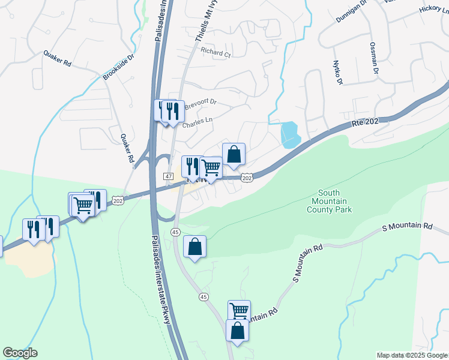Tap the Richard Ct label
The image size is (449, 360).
(x=215, y=53)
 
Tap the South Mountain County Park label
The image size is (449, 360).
(x=329, y=202)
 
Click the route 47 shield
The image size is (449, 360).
(x=169, y=176)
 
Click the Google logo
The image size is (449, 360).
(x=20, y=353)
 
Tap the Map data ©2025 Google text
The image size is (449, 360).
(x=411, y=355)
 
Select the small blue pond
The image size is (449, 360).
(x=290, y=134)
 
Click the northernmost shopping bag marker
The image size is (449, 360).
(x=234, y=154)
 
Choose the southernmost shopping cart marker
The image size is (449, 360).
(x=239, y=311)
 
